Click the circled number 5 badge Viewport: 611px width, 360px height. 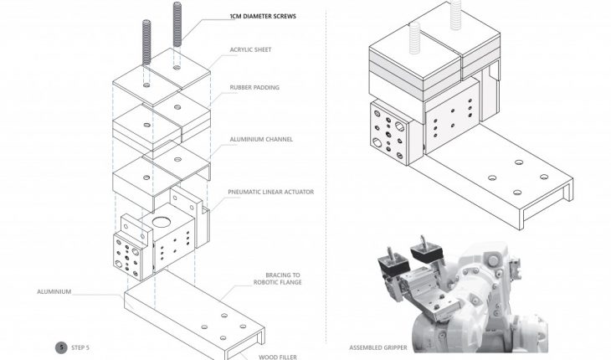(x=61, y=347)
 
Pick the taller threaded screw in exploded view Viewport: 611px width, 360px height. (x=177, y=33)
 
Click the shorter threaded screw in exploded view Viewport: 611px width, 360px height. (x=146, y=55)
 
